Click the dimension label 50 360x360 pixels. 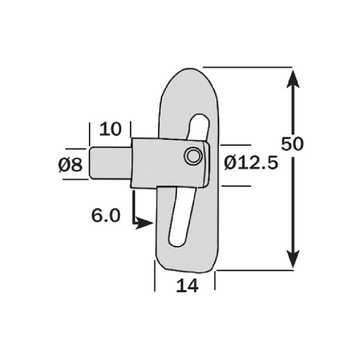293,144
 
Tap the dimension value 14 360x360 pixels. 187,286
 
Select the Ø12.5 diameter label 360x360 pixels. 251,162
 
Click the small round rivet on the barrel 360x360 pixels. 193,156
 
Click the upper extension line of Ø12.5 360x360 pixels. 235,144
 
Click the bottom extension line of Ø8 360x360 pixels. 76,179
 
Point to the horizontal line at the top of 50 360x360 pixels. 248,67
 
